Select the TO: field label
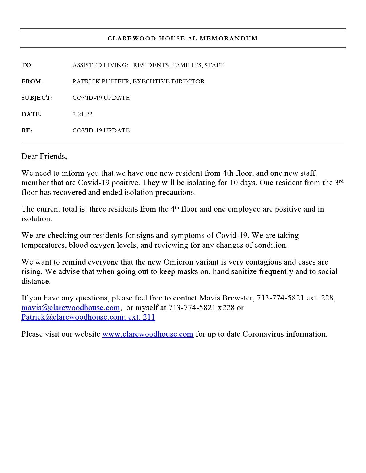click(x=27, y=65)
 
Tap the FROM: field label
click(x=32, y=82)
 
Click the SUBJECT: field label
click(x=37, y=98)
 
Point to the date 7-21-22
click(x=82, y=114)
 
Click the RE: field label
click(x=27, y=131)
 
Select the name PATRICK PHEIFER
click(x=101, y=82)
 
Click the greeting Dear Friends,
click(x=44, y=156)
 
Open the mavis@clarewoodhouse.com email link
click(x=71, y=308)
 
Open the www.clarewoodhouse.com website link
click(x=148, y=334)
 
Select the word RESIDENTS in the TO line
click(x=151, y=65)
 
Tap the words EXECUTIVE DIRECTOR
click(x=169, y=82)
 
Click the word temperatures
click(x=44, y=245)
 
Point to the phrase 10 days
click(x=243, y=183)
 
